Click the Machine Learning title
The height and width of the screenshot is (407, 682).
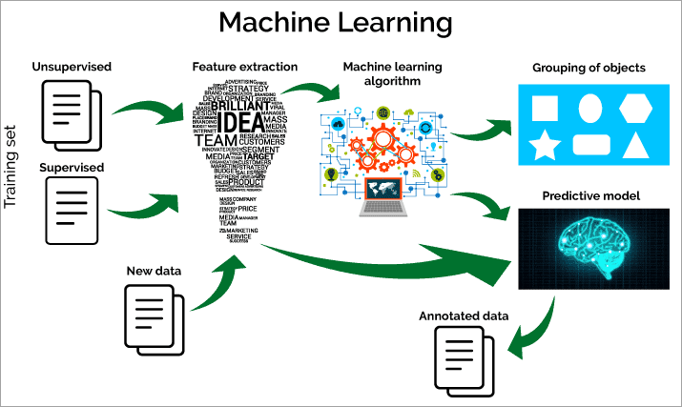(x=341, y=23)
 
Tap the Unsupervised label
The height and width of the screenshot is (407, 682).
(x=72, y=67)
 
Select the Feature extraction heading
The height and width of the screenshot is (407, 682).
(x=244, y=67)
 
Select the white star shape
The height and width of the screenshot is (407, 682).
(x=544, y=146)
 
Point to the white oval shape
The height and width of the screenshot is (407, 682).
(x=590, y=107)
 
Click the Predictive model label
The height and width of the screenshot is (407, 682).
(x=590, y=195)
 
